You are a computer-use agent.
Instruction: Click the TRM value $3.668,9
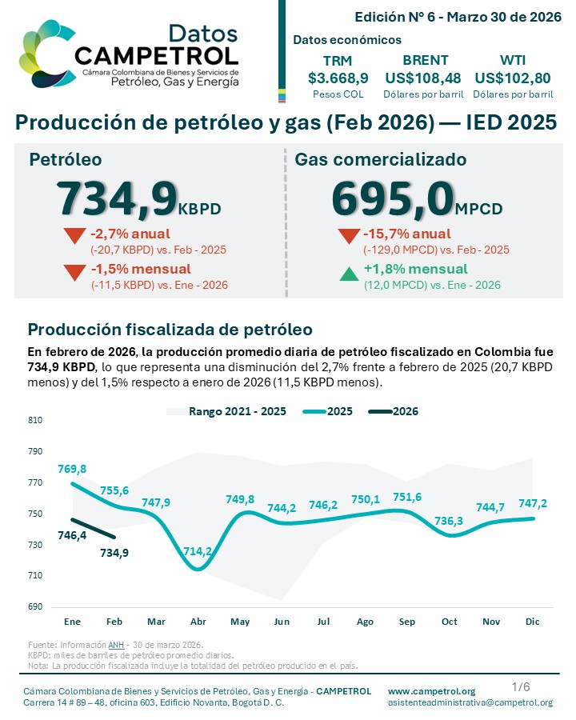(338, 78)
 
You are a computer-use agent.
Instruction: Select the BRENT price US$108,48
(426, 78)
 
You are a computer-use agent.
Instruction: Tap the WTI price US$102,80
(513, 78)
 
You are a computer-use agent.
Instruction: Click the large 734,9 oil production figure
(116, 198)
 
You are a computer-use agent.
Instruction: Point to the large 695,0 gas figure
(392, 198)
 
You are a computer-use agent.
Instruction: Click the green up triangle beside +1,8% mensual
(349, 274)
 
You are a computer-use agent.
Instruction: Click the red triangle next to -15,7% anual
(349, 237)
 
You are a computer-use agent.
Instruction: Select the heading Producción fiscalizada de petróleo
(170, 329)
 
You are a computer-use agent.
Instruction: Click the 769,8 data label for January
(72, 469)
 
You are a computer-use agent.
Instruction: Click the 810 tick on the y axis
(35, 420)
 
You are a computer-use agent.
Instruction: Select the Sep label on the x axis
(406, 622)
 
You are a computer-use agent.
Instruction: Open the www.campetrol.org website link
(431, 690)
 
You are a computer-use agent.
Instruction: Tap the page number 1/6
(520, 686)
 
